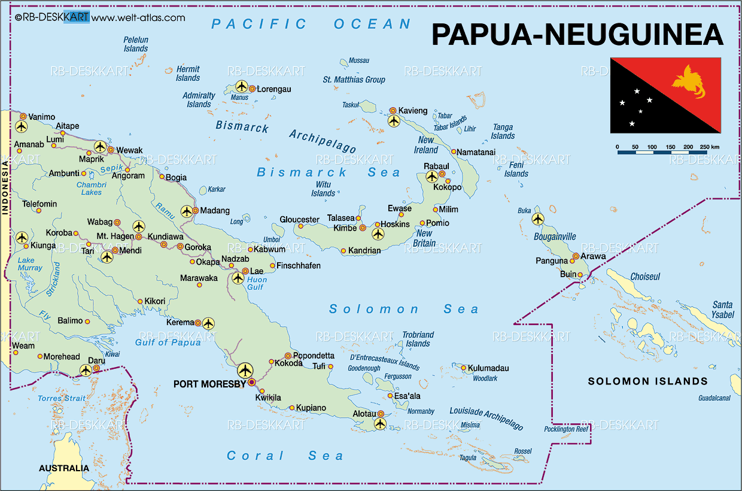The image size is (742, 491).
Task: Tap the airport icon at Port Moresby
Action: click(245, 369)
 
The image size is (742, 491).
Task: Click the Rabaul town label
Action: click(436, 165)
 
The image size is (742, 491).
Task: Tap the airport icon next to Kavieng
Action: click(393, 121)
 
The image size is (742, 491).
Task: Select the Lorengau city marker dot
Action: click(252, 89)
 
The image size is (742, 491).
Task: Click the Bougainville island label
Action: click(556, 237)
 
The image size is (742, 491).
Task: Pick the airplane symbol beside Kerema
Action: click(208, 323)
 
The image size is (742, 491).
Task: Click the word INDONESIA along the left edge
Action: click(5, 191)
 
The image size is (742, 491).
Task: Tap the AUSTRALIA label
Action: click(63, 468)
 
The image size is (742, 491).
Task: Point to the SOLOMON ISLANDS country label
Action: click(647, 381)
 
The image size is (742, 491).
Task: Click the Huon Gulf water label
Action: click(257, 283)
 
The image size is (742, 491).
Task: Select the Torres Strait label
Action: click(62, 398)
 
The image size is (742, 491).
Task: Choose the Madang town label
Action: click(215, 210)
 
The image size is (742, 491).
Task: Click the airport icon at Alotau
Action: click(380, 424)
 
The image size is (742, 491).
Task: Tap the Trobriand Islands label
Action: click(418, 339)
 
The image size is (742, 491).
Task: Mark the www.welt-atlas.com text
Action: click(138, 17)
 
